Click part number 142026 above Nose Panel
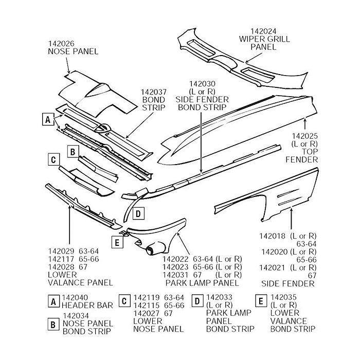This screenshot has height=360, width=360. tap(62, 43)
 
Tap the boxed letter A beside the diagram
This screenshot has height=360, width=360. tap(47, 119)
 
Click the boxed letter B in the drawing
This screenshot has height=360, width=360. tap(73, 151)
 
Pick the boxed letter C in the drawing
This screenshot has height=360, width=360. tap(52, 159)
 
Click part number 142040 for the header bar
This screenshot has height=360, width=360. tap(75, 298)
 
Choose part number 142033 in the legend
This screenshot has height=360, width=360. tap(219, 298)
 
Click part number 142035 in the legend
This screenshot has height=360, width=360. tap(284, 298)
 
